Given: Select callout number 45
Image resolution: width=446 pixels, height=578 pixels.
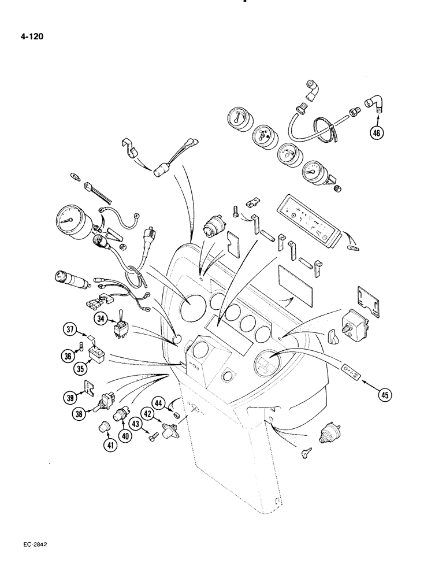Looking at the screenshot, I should click(384, 395).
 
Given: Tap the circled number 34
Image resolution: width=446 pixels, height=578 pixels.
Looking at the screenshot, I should click(102, 318).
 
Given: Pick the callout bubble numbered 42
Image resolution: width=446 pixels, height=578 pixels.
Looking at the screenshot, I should click(147, 413).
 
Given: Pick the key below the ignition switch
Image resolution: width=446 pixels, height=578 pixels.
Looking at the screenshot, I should click(306, 455).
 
